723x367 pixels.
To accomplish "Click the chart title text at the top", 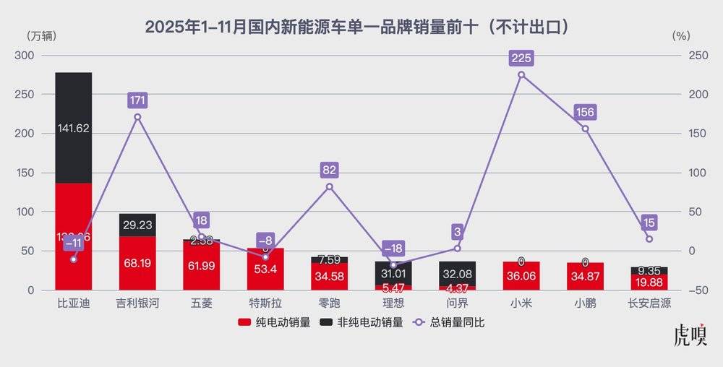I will (x=361, y=27).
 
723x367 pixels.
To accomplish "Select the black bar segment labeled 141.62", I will (x=73, y=128).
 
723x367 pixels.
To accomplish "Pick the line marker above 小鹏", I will (x=585, y=129).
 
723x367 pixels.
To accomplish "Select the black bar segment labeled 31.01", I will (x=393, y=272).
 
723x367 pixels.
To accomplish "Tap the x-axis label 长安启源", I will (x=649, y=303).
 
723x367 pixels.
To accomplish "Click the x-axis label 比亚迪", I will (x=73, y=303).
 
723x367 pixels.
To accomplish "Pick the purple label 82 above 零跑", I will (x=330, y=170).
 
